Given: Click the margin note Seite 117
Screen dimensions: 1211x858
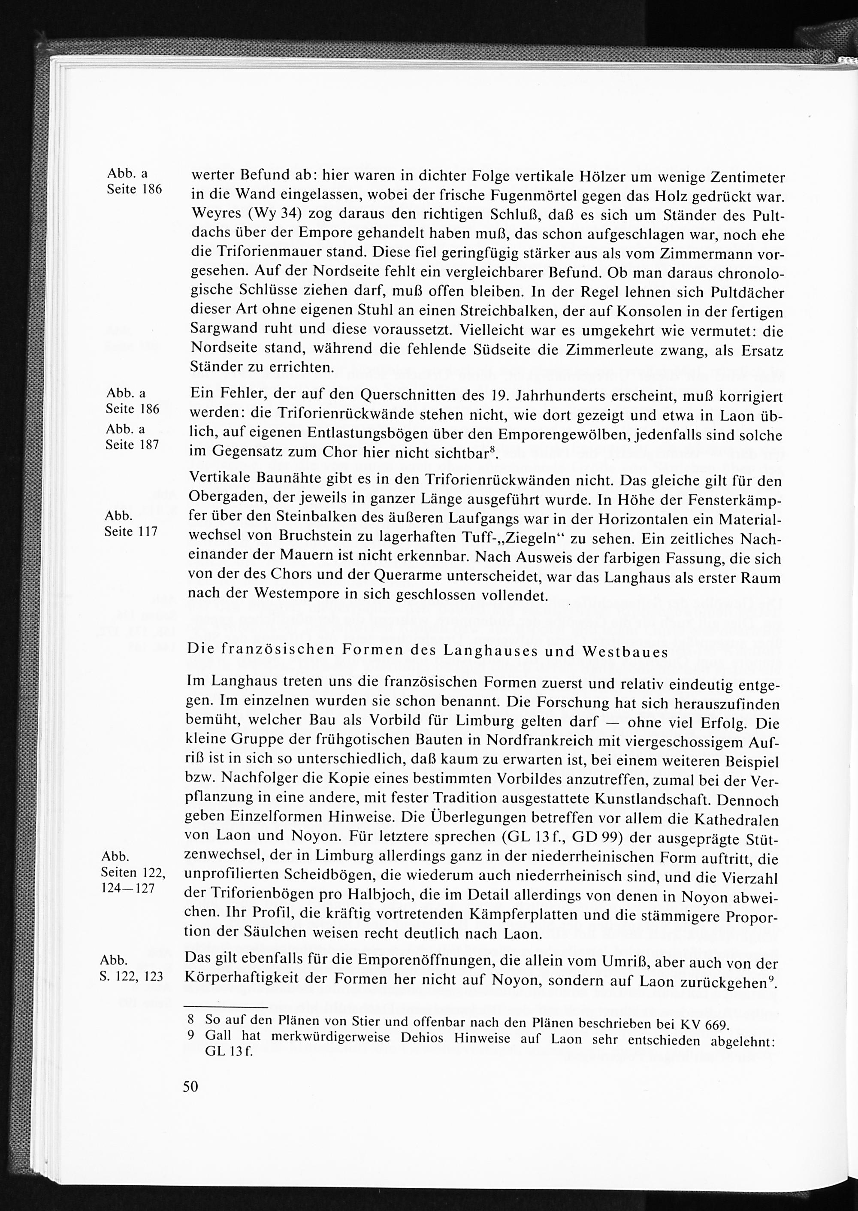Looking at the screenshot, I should [131, 532].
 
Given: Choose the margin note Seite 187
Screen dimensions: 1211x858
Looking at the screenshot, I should [132, 445].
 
